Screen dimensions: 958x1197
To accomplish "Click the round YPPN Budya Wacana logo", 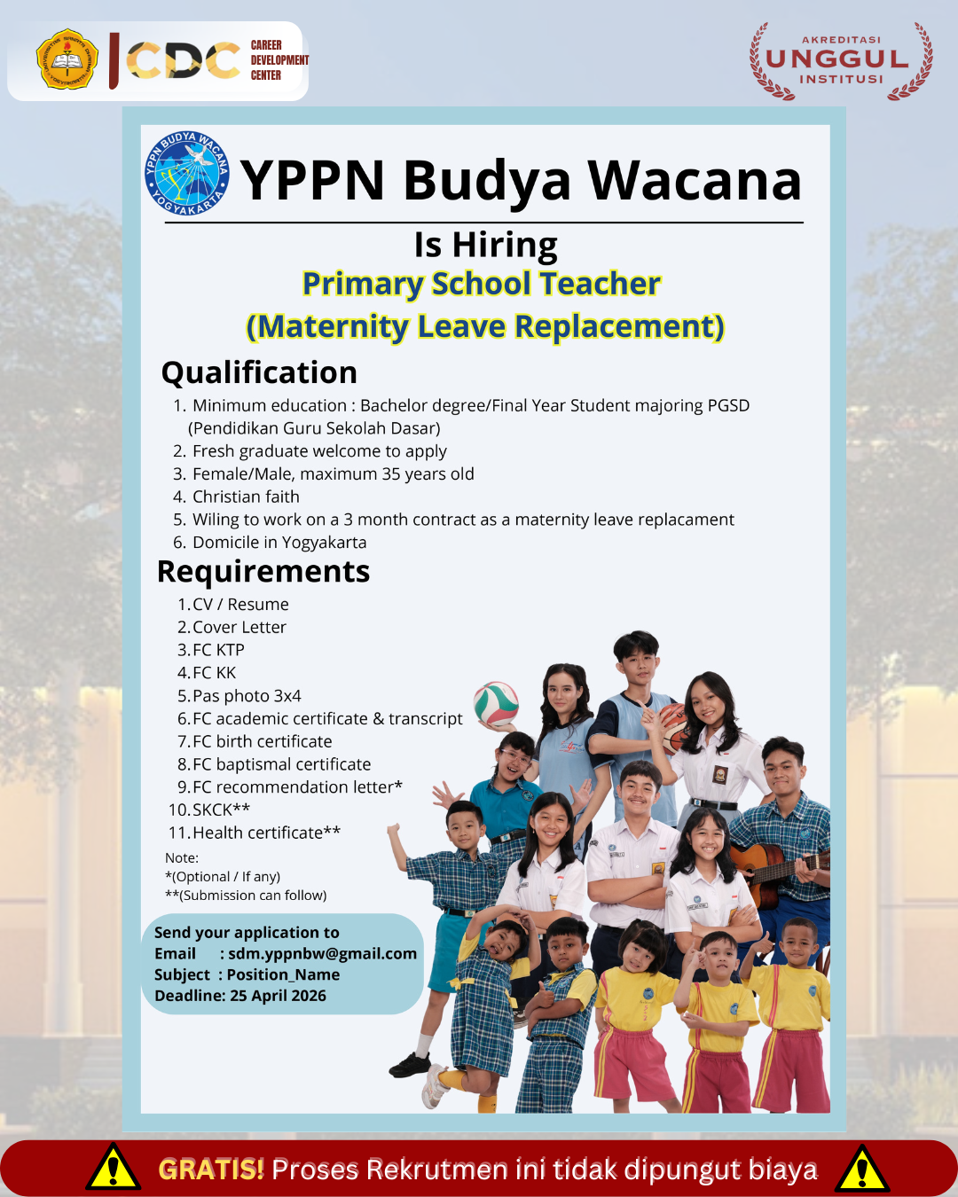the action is pos(186,173).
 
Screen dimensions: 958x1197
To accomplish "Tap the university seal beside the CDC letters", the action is pos(67,59).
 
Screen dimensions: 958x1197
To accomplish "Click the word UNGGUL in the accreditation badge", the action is pos(837,59).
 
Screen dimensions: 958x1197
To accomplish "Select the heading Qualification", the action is pos(259,372).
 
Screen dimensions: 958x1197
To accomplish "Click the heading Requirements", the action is pos(263,571).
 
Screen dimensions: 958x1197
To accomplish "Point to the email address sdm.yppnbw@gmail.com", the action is pos(322,953).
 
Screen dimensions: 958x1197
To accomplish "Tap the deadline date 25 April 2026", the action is pos(278,996).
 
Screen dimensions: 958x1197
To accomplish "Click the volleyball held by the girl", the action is pos(496,704).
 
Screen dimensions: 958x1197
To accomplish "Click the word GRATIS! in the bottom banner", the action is pos(211,1169).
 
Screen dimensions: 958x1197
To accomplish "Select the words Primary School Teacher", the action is pos(482,284).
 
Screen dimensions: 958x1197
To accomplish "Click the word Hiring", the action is pos(505,245).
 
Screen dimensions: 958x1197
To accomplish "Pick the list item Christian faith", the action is pos(246,497).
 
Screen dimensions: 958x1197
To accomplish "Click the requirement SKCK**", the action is pos(221,810).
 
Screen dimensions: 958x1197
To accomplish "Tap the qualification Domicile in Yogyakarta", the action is pos(279,543).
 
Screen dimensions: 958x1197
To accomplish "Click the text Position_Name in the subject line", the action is pos(283,974).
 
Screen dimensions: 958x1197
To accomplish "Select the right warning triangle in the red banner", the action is pos(862,1168).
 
